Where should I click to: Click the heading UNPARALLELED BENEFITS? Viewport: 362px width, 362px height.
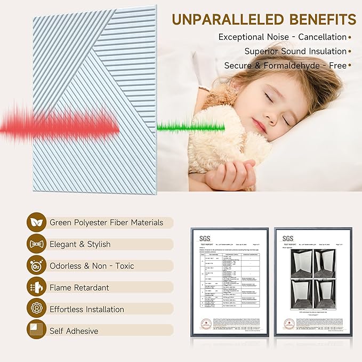264,19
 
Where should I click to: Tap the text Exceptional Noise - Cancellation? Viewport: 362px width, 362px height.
282,37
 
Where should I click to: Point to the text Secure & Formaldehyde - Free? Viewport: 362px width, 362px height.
285,66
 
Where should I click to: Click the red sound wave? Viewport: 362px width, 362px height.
59,126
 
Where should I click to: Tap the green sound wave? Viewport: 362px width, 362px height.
190,127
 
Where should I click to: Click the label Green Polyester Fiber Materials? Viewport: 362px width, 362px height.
106,222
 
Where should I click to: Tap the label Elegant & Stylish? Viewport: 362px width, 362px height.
80,244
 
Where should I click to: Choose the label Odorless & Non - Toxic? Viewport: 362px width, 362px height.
92,266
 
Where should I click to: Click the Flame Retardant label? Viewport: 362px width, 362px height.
79,287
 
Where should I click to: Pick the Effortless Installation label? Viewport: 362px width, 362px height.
87,309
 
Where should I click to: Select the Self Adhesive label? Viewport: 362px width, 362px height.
74,331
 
